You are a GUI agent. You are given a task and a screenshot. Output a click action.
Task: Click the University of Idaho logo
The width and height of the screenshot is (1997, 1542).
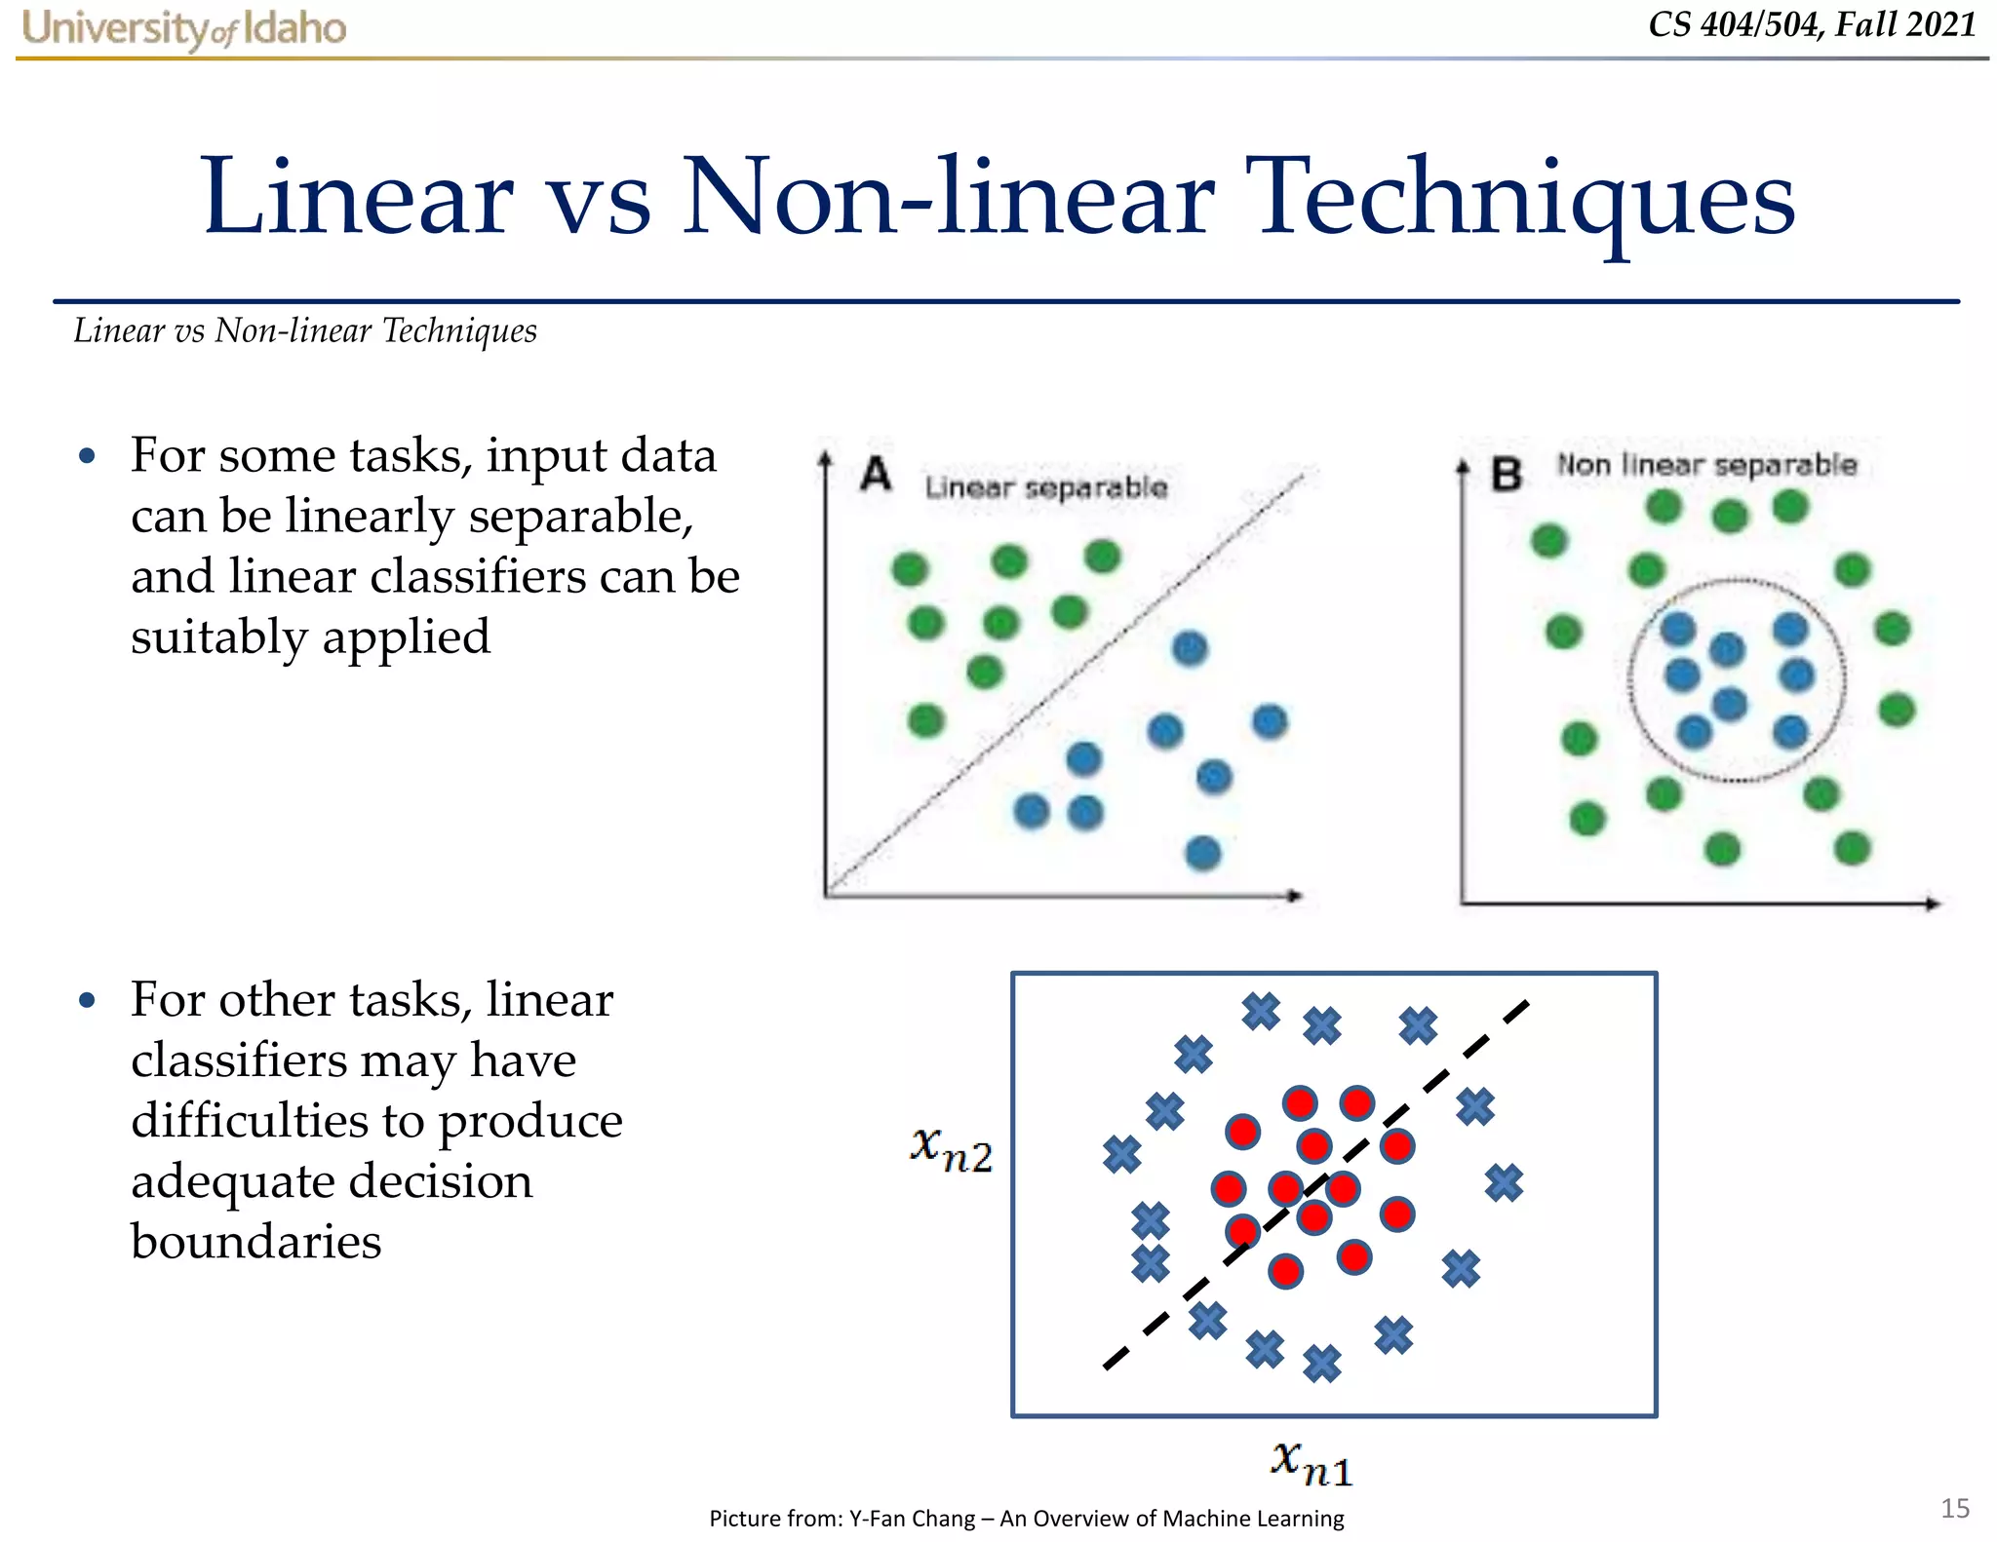pos(183,28)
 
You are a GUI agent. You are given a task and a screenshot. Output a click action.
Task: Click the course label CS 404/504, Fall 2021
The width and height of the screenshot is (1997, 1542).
pos(1812,24)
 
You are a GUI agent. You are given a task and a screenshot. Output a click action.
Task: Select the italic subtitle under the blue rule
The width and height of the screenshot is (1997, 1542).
pos(305,331)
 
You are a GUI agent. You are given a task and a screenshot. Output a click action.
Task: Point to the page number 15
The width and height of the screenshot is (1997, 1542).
pos(1954,1508)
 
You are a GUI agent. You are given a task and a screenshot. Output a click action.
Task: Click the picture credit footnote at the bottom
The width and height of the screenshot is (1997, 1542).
pos(1026,1518)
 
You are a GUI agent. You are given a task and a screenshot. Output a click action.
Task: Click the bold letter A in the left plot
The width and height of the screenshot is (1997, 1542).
pos(876,476)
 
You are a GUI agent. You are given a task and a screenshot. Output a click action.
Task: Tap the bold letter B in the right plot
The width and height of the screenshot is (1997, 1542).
pos(1507,475)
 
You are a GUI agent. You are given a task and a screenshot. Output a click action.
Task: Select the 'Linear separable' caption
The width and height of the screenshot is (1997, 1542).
pos(1045,487)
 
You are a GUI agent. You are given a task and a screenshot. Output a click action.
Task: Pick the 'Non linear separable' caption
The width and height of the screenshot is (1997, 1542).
pos(1706,465)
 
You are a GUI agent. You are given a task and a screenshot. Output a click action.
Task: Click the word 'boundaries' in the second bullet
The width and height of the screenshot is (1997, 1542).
pos(256,1242)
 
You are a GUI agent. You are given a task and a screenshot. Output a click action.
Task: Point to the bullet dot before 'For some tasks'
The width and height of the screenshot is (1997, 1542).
pos(88,456)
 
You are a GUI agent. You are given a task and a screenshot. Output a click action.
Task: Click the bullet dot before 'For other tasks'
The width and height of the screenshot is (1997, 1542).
pos(88,1000)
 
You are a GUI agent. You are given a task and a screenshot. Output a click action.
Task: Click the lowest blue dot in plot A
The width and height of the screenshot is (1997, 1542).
pos(1202,853)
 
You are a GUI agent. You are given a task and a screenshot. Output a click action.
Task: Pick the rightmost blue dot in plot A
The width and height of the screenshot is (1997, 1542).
pos(1270,722)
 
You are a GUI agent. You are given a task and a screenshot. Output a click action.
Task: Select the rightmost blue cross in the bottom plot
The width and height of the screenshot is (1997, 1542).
pos(1504,1182)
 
